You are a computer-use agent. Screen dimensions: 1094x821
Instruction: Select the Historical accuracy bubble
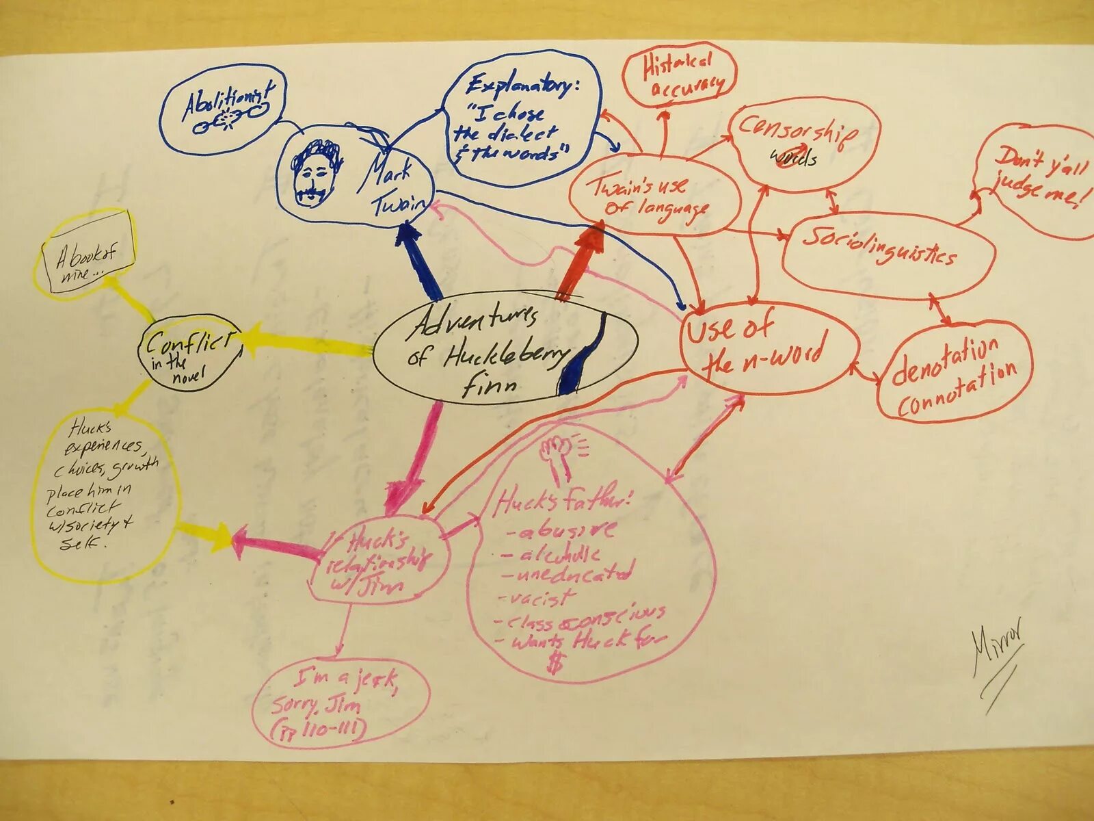[678, 74]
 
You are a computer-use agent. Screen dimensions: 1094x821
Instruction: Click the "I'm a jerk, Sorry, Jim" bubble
[338, 705]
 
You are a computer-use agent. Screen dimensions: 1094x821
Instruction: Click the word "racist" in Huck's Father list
[541, 597]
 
